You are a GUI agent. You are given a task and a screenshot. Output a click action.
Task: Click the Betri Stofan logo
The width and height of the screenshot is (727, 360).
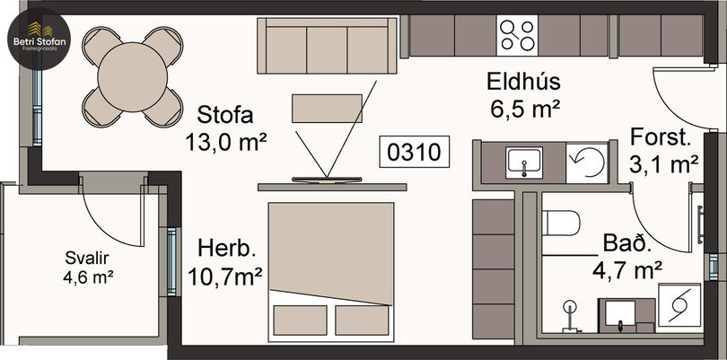[x=39, y=39]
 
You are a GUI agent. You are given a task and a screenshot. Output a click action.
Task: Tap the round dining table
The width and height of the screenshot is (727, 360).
[x=133, y=77]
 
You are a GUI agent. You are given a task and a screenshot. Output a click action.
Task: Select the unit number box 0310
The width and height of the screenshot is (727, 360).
[x=414, y=152]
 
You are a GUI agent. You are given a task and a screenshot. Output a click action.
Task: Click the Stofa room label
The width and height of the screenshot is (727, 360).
[x=225, y=115]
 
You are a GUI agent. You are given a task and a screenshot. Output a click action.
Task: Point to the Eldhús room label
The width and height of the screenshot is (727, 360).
[x=523, y=82]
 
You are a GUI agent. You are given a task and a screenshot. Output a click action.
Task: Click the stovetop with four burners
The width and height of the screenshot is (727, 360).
[x=518, y=36]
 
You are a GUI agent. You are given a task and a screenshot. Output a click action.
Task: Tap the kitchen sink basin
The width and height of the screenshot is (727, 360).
[x=524, y=162]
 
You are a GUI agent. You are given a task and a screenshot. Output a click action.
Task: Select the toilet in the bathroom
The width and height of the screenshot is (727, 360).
[x=561, y=223]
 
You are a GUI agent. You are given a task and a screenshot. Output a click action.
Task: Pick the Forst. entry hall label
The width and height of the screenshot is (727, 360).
[x=661, y=138]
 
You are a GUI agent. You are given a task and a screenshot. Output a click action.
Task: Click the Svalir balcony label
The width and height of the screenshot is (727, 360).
[x=87, y=258]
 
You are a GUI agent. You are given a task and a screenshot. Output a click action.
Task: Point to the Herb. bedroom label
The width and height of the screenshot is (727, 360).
[x=227, y=249]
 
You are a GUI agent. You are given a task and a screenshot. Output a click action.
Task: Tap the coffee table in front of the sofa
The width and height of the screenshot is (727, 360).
[x=327, y=108]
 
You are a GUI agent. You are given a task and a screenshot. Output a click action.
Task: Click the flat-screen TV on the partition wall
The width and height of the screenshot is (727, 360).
[x=327, y=180]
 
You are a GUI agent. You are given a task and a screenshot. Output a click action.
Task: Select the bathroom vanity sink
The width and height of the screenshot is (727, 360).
[x=620, y=314]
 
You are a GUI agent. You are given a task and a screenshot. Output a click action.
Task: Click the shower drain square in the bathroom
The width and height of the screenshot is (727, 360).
[x=679, y=304]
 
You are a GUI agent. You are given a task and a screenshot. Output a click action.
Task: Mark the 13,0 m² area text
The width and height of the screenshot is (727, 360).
[x=226, y=143]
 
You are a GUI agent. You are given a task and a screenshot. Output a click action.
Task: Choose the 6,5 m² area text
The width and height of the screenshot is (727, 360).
[x=524, y=110]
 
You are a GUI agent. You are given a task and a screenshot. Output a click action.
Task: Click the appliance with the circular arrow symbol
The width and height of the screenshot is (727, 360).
[x=587, y=162]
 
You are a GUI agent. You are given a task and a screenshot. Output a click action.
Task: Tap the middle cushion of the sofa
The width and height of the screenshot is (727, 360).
[x=327, y=49]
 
